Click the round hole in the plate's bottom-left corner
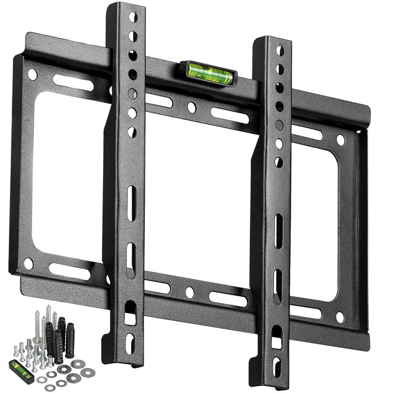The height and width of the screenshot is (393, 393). tap(28, 263)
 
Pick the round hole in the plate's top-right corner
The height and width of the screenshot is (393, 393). tap(340, 140)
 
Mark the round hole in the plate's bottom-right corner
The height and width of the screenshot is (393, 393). tap(340, 317)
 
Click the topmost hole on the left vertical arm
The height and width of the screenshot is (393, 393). tap(133, 17)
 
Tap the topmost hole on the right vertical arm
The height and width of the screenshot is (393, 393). tap(280, 51)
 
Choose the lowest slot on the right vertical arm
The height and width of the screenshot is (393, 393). tap(277, 367)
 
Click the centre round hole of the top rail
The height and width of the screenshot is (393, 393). tap(192, 107)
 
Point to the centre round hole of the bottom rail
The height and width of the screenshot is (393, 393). tap(190, 292)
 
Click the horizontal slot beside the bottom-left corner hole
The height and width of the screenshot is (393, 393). tap(69, 271)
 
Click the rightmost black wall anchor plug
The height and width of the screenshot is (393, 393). tap(70, 340)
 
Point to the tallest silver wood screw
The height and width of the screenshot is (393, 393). tap(48, 322)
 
